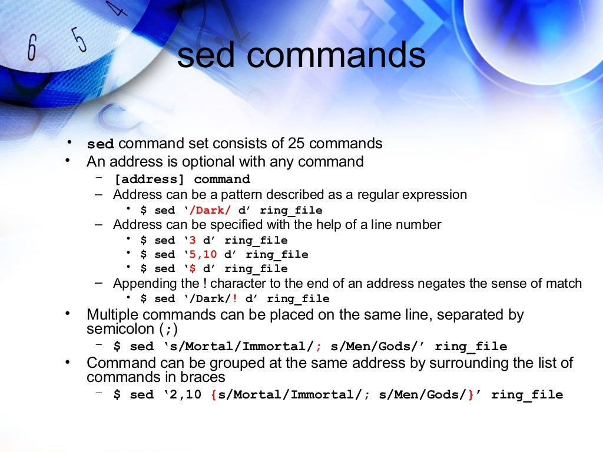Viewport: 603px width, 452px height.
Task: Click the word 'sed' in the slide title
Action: point(207,56)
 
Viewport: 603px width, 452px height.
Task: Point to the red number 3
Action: point(192,241)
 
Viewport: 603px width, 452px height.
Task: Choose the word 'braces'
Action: point(203,377)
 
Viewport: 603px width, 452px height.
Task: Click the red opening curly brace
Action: point(213,395)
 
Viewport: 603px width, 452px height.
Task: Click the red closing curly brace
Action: point(471,395)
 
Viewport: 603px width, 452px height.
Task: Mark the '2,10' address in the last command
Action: point(185,395)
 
